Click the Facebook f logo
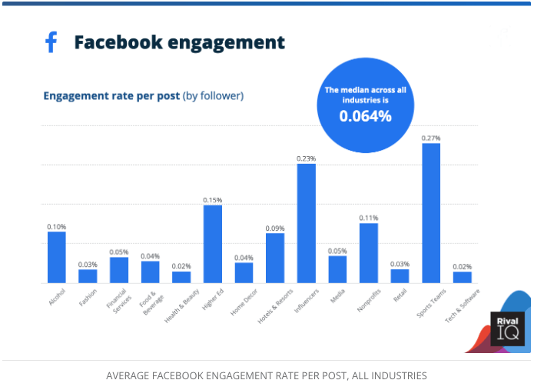[x=51, y=42]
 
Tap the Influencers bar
[x=307, y=223]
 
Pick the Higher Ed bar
[x=212, y=244]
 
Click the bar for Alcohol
[x=57, y=257]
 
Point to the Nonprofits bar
[x=369, y=253]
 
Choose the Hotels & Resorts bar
[x=275, y=258]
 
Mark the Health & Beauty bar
[x=181, y=277]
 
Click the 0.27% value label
[x=431, y=138]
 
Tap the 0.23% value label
[x=307, y=158]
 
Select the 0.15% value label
[x=213, y=200]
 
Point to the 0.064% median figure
[x=366, y=116]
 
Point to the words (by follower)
[x=213, y=96]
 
